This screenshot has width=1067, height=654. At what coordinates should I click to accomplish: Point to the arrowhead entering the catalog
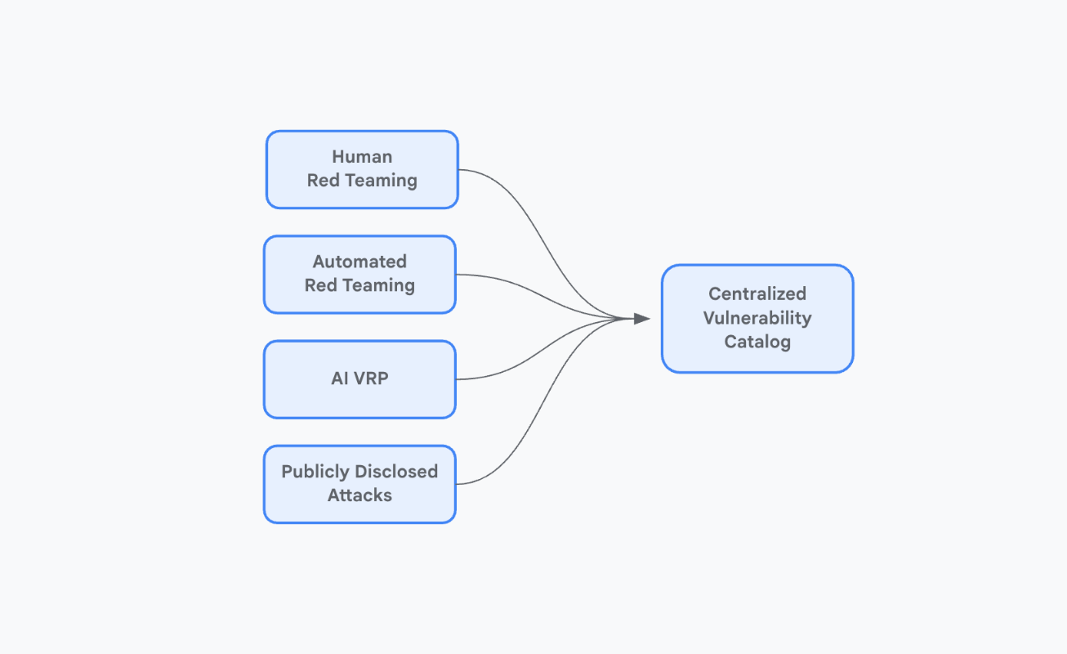642,319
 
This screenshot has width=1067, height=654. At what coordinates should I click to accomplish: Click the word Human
362,156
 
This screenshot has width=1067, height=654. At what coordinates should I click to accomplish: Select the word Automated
359,262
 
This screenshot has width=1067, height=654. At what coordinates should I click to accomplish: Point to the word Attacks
359,495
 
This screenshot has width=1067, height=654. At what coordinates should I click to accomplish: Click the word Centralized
757,293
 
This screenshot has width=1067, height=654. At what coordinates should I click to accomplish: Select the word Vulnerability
757,318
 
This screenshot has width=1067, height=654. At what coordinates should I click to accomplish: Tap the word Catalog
757,342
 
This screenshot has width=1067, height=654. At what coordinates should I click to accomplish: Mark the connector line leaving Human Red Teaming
490,176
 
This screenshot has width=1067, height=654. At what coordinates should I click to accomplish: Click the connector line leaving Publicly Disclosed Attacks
490,477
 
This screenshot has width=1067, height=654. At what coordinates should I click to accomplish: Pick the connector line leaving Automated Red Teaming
490,276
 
